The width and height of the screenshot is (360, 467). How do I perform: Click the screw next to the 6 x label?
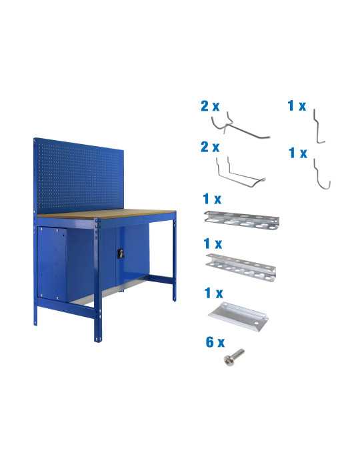pyautogui.click(x=234, y=356)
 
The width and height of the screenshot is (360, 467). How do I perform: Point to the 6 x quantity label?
pyautogui.click(x=214, y=342)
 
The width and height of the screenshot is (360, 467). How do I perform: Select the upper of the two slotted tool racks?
pyautogui.click(x=239, y=218)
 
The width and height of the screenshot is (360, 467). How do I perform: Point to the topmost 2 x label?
pyautogui.click(x=210, y=105)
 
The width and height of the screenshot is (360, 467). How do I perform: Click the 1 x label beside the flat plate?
pyautogui.click(x=213, y=293)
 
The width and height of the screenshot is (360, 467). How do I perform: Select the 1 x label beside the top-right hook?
pyautogui.click(x=297, y=105)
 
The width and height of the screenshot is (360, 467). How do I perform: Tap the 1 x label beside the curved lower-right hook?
pyautogui.click(x=297, y=153)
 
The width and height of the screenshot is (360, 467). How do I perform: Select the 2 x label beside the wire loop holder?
pyautogui.click(x=210, y=147)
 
